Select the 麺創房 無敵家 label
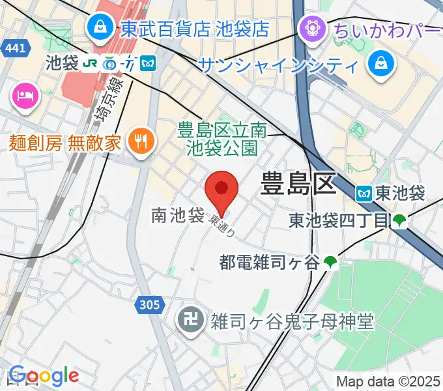[65, 142]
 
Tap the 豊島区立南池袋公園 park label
[221, 139]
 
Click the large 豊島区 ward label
[298, 184]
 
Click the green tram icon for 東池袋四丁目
[399, 222]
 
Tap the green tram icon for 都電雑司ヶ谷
[331, 263]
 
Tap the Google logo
[43, 375]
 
